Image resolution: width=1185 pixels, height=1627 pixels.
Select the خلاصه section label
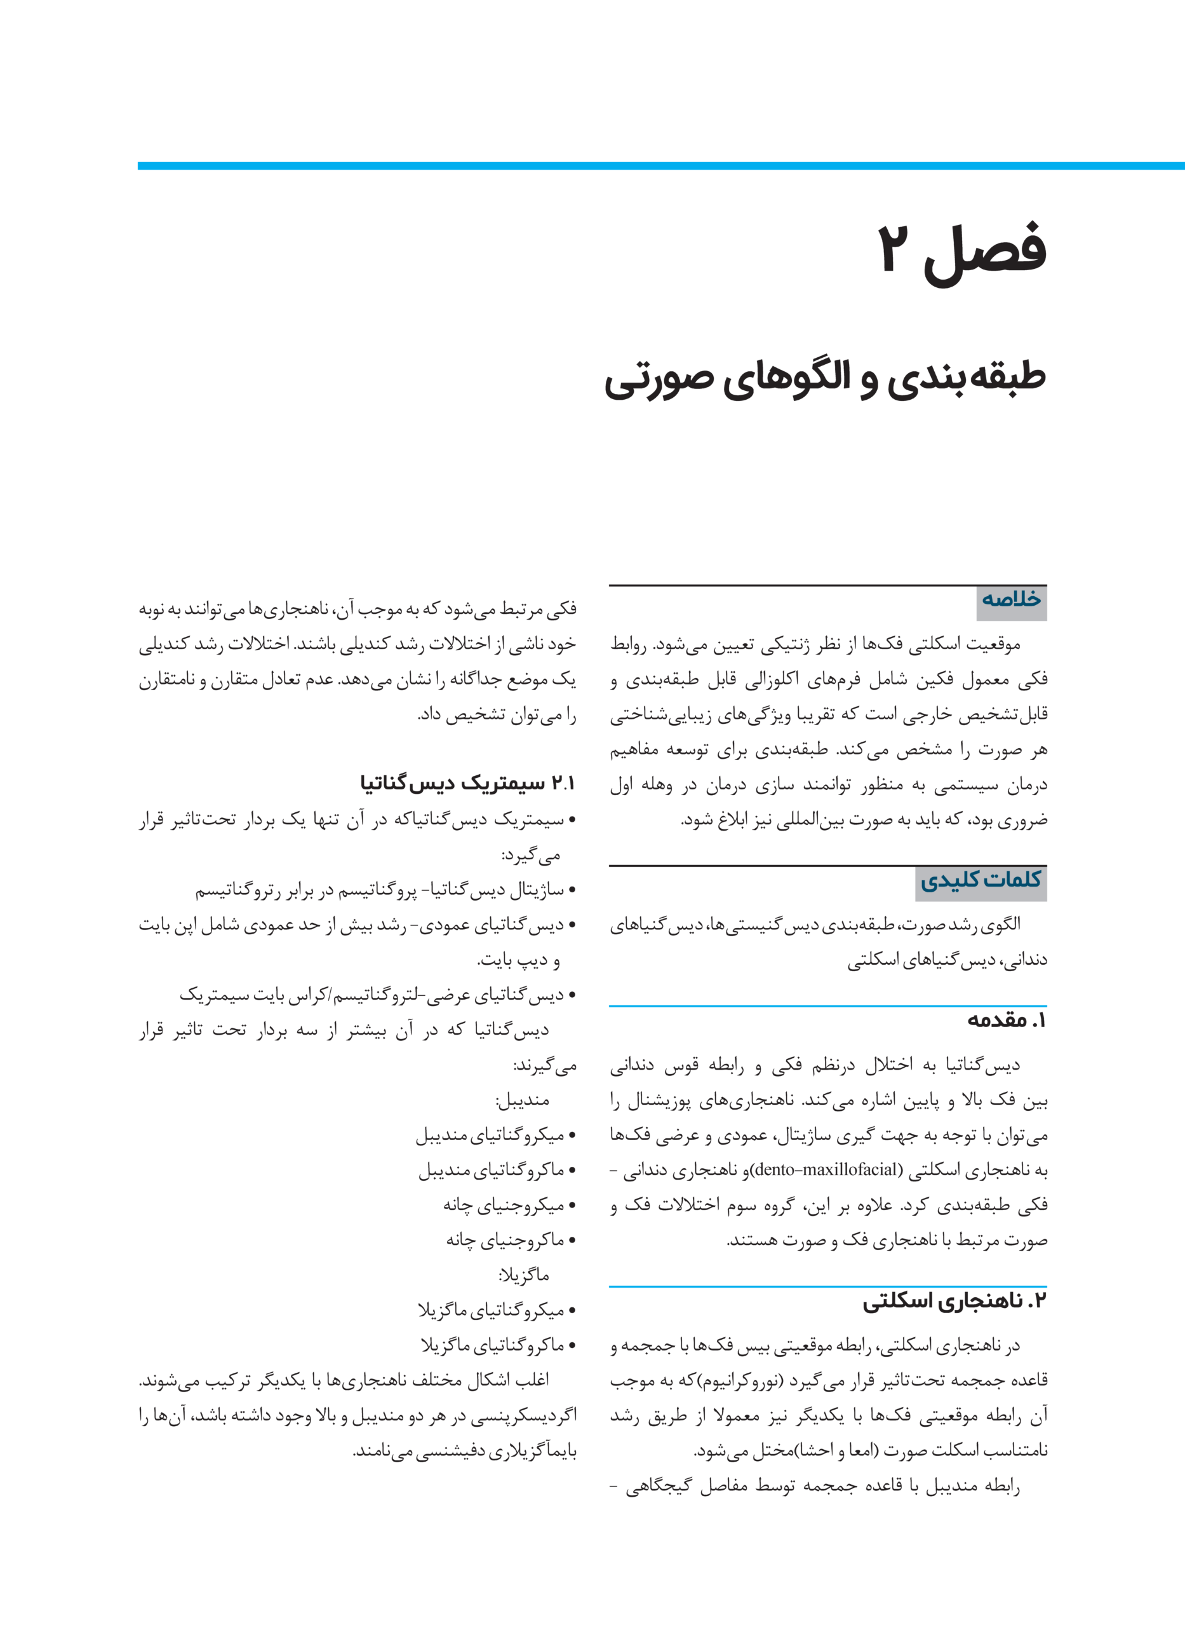click(x=1012, y=599)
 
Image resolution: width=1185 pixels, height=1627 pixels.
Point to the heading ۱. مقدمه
click(x=1007, y=1020)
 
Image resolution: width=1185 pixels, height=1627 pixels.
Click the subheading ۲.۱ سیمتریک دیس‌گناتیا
click(x=467, y=783)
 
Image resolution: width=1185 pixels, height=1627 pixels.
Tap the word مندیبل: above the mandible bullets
click(x=522, y=1100)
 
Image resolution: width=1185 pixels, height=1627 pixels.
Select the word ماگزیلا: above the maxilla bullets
click(x=525, y=1276)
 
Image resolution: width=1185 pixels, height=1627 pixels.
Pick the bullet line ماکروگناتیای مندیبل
click(x=492, y=1171)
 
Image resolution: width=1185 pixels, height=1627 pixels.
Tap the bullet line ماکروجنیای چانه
click(x=505, y=1240)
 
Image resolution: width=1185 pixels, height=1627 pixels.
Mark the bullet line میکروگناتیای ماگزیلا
click(x=492, y=1310)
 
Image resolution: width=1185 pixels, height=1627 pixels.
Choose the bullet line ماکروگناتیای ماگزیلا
click(x=493, y=1345)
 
